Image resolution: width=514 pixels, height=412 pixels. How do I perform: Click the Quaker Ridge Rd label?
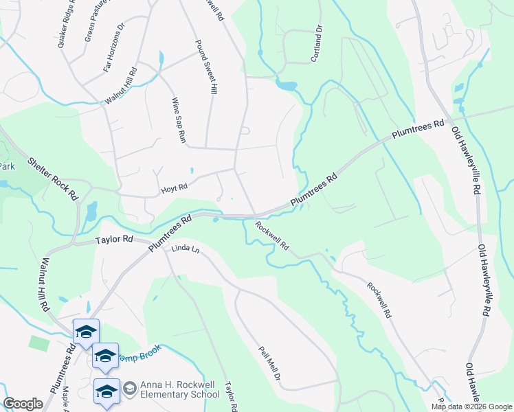point(68,25)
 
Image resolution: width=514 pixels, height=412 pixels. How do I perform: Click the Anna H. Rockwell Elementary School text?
point(179,389)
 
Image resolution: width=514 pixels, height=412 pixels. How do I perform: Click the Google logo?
point(23,404)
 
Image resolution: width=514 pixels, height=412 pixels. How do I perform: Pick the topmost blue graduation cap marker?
point(86,331)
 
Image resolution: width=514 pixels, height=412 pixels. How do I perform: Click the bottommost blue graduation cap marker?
point(107,391)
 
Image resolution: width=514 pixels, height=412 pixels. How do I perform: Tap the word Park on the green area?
point(7,166)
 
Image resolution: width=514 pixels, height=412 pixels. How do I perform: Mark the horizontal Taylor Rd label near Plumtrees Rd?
point(114,240)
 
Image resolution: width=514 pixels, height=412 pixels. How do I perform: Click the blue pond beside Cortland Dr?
point(286,87)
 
